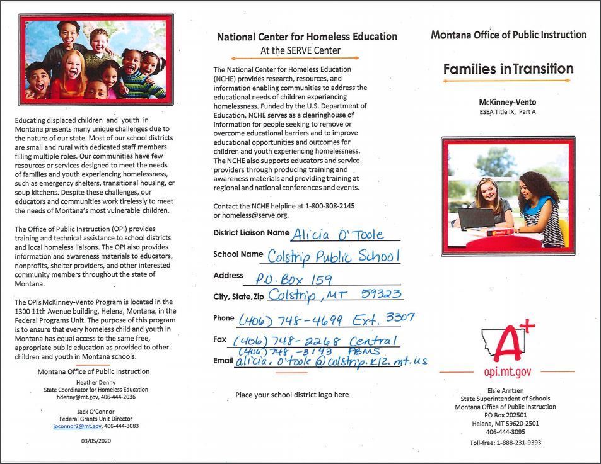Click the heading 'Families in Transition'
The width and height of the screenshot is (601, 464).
[508, 69]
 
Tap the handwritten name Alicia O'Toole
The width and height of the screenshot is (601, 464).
[337, 235]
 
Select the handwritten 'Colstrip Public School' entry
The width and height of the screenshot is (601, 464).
[333, 256]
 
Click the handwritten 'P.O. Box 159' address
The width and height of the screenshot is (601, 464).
[293, 279]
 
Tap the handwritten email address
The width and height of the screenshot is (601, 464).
[331, 361]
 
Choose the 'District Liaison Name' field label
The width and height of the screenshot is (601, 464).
[251, 233]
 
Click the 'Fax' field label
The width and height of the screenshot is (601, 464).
[219, 339]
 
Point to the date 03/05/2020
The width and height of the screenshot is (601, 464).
[96, 441]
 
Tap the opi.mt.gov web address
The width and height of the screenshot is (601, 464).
[507, 371]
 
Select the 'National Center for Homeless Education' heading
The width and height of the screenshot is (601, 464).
[307, 37]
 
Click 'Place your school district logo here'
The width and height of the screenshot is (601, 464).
[291, 395]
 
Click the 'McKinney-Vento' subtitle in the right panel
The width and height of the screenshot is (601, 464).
[507, 102]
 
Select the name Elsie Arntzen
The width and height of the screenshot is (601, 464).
[506, 390]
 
